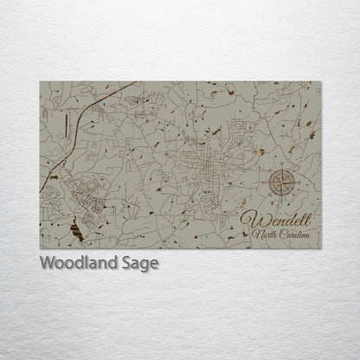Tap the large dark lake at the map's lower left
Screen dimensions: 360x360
[76, 231]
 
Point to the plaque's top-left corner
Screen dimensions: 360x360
[41, 82]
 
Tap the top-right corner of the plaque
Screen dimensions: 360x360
[320, 82]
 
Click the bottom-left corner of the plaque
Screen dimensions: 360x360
[41, 247]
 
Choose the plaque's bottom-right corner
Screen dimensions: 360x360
[320, 247]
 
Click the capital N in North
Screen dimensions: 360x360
[254, 233]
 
